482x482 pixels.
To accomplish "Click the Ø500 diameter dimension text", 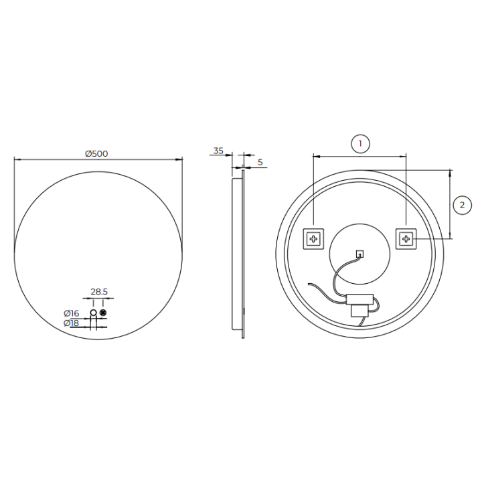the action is [x=96, y=153].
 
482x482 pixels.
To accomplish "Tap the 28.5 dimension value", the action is [x=99, y=291].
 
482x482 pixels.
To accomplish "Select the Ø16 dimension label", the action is [x=72, y=313].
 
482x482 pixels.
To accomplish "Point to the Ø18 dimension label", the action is [x=72, y=323].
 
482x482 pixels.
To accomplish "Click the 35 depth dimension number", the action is [x=218, y=151].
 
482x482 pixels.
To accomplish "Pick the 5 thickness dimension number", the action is [x=260, y=162].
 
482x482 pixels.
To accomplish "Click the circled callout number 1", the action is [x=360, y=143].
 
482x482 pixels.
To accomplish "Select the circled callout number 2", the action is [x=463, y=205].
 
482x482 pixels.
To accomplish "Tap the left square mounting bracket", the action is [x=313, y=239].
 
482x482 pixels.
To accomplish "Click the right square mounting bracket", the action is [x=406, y=239].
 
